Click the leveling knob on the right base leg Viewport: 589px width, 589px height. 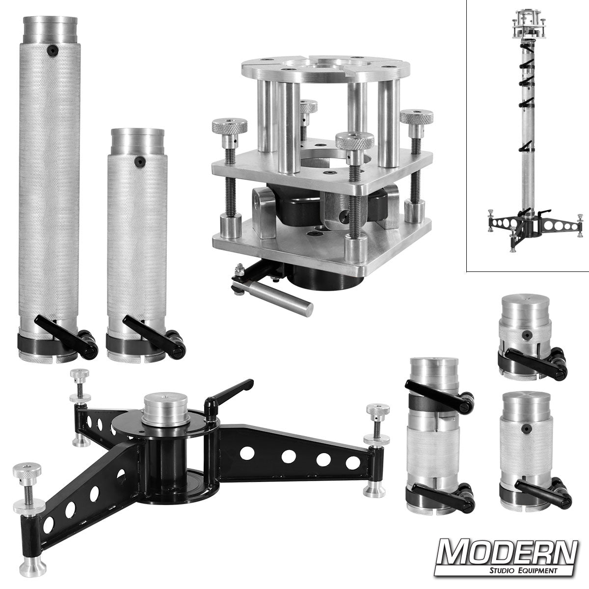point(377,409)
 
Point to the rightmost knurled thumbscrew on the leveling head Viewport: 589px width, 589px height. point(416,118)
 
